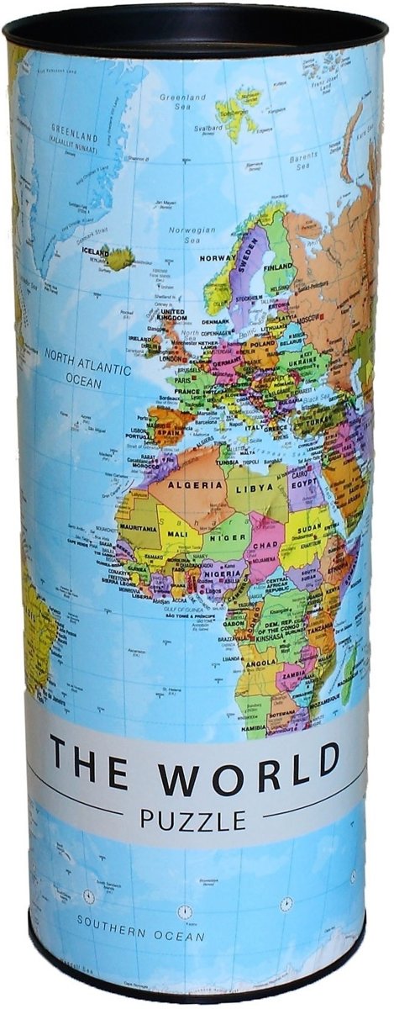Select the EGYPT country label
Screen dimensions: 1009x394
[x=304, y=486]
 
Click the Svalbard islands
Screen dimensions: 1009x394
[x=237, y=112]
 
